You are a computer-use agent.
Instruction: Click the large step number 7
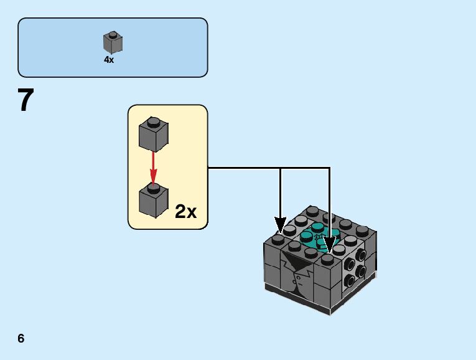(x=25, y=100)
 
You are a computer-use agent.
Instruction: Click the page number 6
(x=21, y=338)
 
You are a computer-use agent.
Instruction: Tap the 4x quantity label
(x=109, y=60)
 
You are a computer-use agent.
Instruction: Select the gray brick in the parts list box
(x=112, y=42)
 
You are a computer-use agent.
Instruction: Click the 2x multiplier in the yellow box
(x=185, y=212)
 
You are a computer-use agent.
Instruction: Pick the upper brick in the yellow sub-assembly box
(x=154, y=134)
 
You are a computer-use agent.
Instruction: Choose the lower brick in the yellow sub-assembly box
(x=154, y=200)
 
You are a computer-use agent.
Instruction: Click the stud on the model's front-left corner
(x=278, y=239)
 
